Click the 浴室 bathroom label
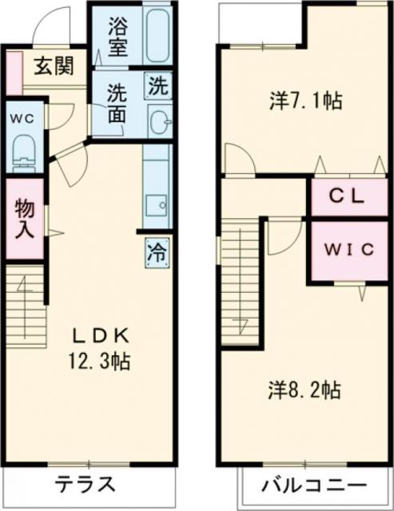[118, 38]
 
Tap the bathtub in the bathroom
[158, 37]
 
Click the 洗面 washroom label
[118, 103]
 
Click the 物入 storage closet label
[25, 219]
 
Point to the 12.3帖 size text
[98, 360]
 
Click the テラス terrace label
[86, 485]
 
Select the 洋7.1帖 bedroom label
[307, 101]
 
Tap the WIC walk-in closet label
[348, 249]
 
